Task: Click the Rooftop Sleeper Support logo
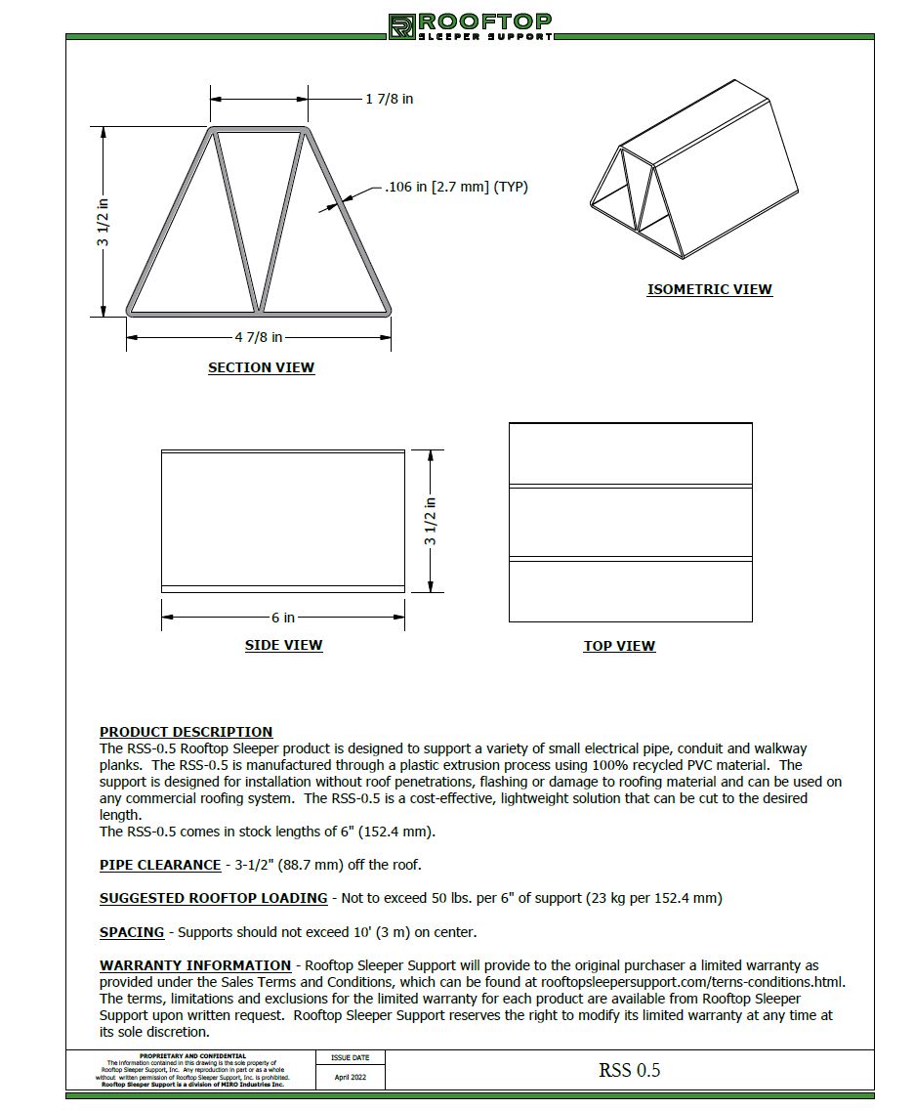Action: [x=470, y=26]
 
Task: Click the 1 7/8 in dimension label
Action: [x=389, y=99]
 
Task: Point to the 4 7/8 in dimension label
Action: [x=258, y=337]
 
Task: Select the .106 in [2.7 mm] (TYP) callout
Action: [x=456, y=187]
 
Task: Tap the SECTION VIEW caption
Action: [x=261, y=368]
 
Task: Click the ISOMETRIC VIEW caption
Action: [x=709, y=289]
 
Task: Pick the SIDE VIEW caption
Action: [x=283, y=646]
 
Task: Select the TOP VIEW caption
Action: [x=619, y=646]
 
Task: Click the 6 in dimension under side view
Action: [x=283, y=618]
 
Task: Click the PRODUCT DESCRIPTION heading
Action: [x=186, y=732]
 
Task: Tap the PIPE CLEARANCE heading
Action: [x=160, y=865]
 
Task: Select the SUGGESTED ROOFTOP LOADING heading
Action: [x=213, y=898]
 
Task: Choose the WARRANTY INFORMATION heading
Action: [x=195, y=965]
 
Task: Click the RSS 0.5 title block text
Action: [x=629, y=1070]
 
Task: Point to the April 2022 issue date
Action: [x=350, y=1077]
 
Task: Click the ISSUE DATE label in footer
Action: [x=350, y=1057]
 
